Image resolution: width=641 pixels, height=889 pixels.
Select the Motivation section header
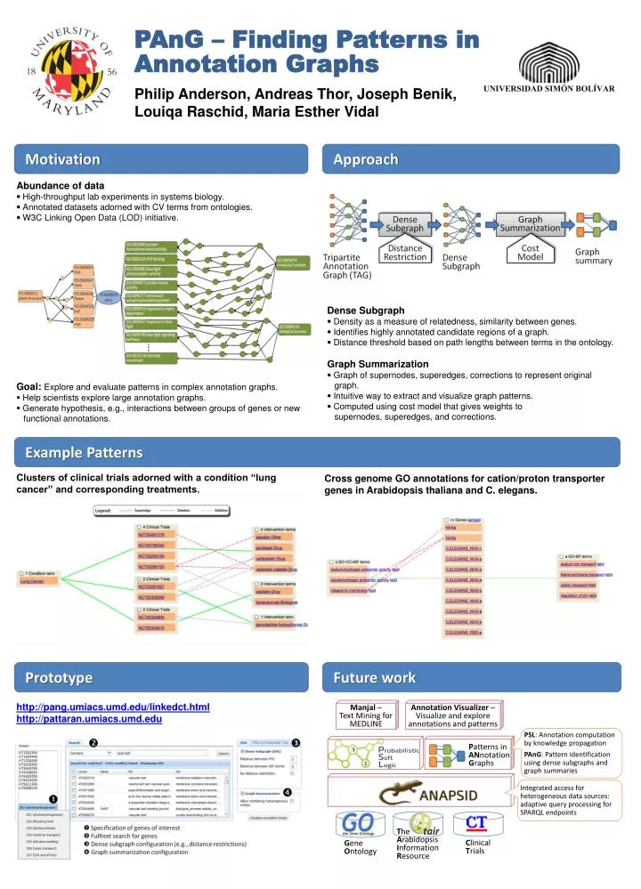[63, 160]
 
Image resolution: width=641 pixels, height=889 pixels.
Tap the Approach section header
[365, 159]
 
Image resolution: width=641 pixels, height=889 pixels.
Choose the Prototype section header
[59, 678]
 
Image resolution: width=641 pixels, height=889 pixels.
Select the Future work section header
[374, 678]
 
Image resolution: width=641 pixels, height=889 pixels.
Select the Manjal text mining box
[366, 716]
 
